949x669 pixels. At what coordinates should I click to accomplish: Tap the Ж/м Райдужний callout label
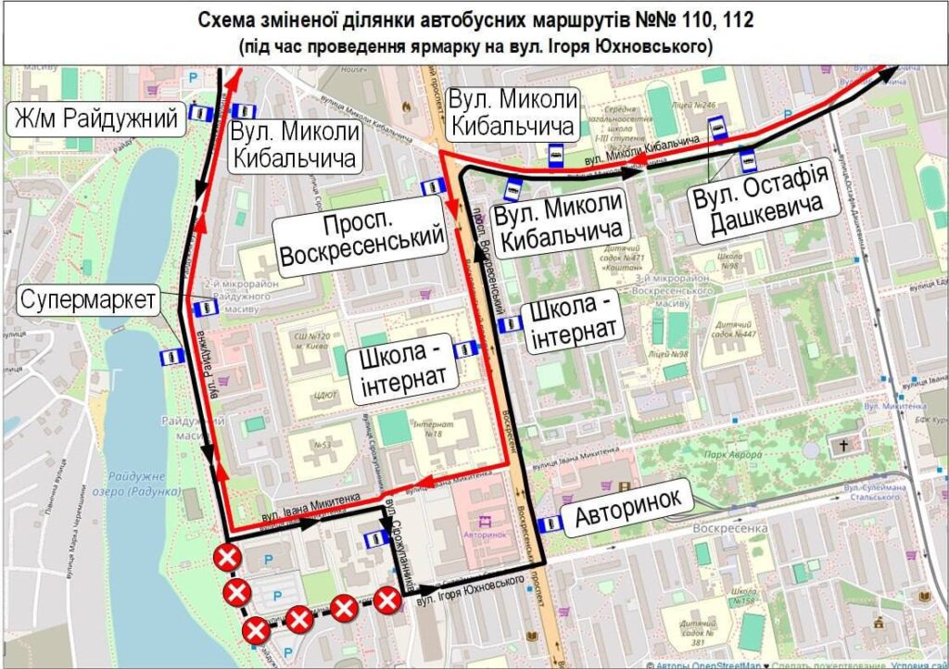(x=96, y=119)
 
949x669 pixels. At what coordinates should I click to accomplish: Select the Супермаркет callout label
(x=89, y=300)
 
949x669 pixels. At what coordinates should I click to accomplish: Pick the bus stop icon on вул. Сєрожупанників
(x=376, y=538)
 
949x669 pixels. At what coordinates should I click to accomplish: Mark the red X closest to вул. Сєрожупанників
(x=387, y=600)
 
